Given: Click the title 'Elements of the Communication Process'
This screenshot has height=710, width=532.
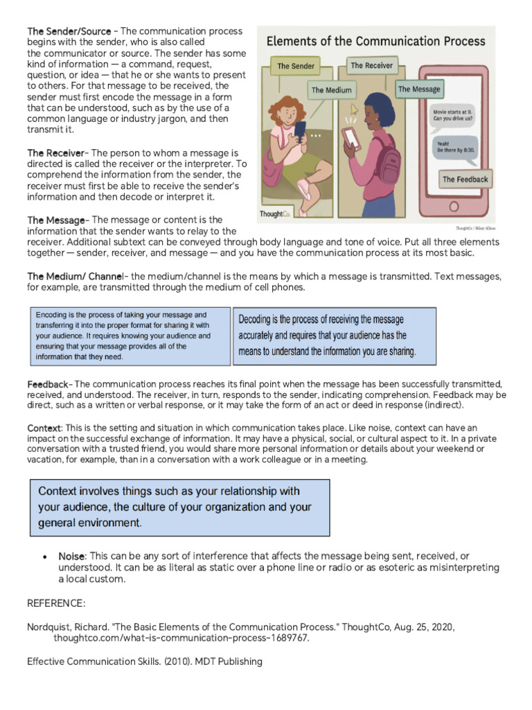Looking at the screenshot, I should tap(376, 41).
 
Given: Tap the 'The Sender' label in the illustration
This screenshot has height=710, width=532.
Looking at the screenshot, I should tap(296, 67).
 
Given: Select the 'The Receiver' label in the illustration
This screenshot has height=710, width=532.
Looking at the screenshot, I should tap(371, 66).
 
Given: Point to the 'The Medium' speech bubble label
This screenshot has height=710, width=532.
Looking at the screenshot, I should tap(331, 90).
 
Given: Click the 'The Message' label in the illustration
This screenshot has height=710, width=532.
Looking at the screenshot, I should tap(418, 89).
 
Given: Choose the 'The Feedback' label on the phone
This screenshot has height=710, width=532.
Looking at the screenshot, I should tap(465, 180).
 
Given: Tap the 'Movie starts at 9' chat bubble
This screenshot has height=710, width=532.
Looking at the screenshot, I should tap(454, 114).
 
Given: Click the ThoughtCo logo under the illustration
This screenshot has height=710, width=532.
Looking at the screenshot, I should tap(275, 214).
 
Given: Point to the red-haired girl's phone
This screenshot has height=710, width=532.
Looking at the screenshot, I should tap(300, 130).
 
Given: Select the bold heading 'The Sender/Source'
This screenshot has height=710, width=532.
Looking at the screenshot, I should tap(69, 31).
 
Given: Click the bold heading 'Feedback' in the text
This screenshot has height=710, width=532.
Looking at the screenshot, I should tap(48, 384).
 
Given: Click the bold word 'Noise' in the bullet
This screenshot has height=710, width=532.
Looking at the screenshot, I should tap(72, 557).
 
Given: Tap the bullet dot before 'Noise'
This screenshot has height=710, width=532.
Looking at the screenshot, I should tap(45, 557).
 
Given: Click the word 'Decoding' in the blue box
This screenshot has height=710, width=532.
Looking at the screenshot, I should tap(258, 320).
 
